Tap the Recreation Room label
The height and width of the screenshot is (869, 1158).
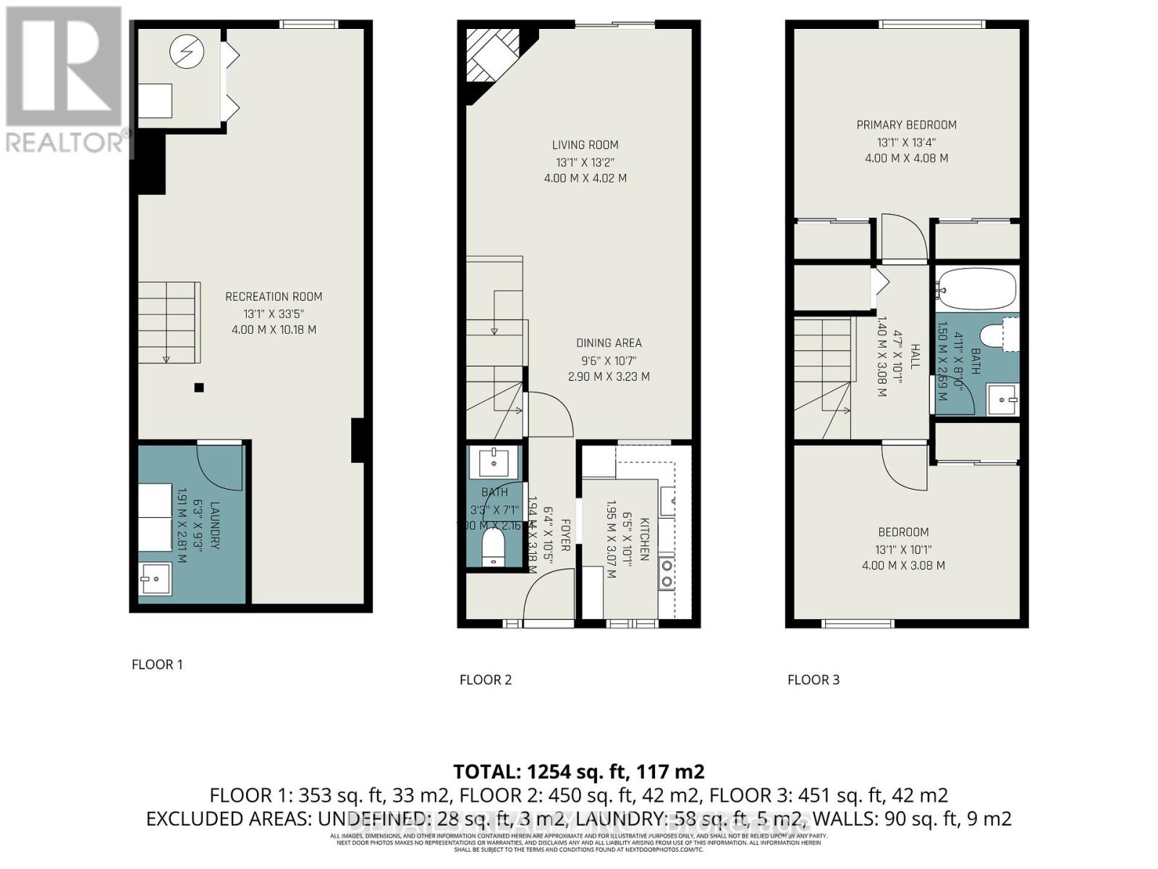click(274, 296)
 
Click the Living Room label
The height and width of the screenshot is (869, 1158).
click(586, 145)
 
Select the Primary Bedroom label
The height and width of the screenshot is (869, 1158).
click(906, 125)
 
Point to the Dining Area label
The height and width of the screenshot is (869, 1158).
click(609, 343)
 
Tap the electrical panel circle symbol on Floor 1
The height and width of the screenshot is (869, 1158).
click(187, 51)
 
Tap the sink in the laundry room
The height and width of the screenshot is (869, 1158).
click(154, 578)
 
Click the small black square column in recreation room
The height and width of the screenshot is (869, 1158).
click(199, 387)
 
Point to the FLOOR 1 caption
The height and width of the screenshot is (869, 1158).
click(157, 664)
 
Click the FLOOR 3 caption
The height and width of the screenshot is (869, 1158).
click(813, 679)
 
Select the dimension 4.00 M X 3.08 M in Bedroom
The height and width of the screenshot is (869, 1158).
click(903, 566)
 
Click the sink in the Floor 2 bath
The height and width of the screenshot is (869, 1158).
click(494, 461)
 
